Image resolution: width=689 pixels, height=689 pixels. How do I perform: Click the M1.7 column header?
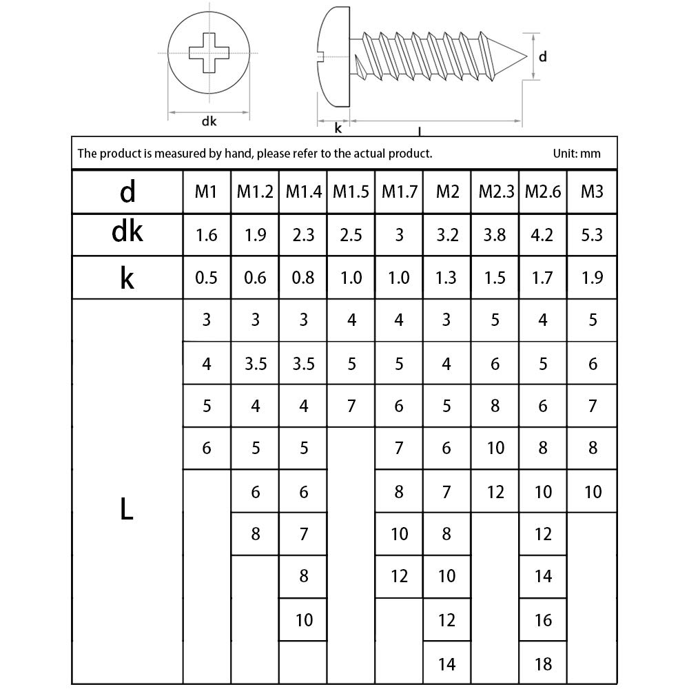(x=400, y=192)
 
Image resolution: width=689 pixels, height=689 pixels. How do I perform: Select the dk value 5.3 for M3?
(x=592, y=234)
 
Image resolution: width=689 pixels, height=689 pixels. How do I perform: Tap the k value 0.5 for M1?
(x=207, y=278)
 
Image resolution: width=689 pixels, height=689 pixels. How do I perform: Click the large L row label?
(x=127, y=510)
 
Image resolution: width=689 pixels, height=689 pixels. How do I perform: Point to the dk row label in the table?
(x=127, y=233)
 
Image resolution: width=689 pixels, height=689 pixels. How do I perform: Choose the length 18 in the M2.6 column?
(x=544, y=664)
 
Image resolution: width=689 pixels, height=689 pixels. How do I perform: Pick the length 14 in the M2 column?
(x=447, y=664)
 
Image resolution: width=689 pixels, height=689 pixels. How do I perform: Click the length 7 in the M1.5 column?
(x=352, y=406)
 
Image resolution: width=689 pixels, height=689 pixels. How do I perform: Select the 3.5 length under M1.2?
(x=256, y=363)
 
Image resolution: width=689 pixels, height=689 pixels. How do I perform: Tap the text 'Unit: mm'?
(x=577, y=153)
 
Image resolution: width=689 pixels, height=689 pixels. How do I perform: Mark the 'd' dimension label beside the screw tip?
(x=543, y=57)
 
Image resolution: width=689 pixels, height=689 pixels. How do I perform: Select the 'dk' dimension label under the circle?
(x=209, y=121)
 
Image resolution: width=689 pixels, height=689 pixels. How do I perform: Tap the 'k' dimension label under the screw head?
(x=338, y=127)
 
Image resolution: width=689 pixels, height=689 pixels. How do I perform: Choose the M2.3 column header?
(x=495, y=192)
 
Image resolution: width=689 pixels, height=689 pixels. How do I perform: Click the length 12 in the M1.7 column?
(x=400, y=576)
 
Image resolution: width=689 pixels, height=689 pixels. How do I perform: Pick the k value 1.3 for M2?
(x=447, y=278)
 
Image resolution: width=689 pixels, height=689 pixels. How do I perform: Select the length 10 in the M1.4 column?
(x=304, y=620)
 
